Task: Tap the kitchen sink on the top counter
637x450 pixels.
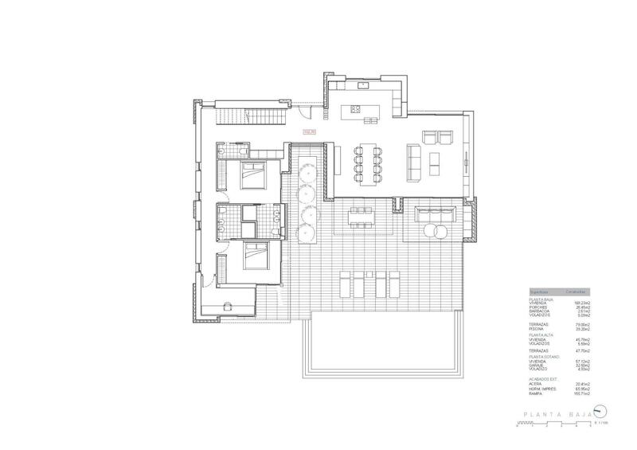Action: click(x=363, y=84)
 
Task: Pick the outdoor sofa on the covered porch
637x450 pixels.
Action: click(x=434, y=214)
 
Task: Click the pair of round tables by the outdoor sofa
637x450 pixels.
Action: click(x=434, y=232)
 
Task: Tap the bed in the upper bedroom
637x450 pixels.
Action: click(x=253, y=170)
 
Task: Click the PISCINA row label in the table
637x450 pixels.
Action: click(x=537, y=328)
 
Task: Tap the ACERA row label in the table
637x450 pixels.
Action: click(x=536, y=385)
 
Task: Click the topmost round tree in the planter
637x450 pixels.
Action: click(x=306, y=169)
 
